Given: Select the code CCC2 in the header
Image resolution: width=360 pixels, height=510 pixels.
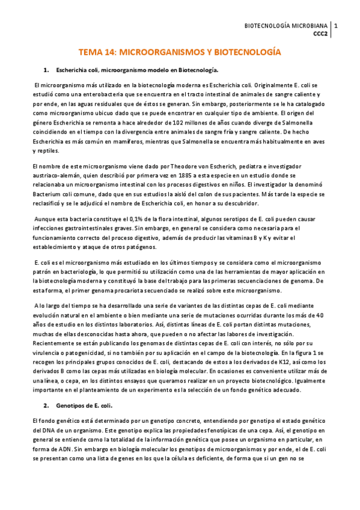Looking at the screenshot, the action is click(x=320, y=34).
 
